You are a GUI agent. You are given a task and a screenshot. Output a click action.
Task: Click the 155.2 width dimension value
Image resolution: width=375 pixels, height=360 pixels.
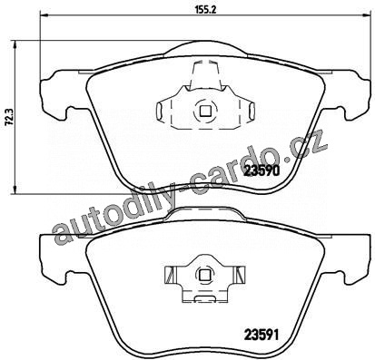[x=207, y=10]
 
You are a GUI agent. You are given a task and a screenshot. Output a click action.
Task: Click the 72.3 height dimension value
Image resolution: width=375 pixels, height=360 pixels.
[x=9, y=117]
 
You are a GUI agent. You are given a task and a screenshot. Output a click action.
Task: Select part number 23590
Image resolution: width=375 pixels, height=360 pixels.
[x=262, y=171]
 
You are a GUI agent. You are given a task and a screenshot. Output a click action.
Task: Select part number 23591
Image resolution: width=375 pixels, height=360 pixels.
[x=261, y=335]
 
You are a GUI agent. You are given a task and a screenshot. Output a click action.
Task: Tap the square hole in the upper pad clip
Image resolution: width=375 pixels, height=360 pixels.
[x=205, y=111]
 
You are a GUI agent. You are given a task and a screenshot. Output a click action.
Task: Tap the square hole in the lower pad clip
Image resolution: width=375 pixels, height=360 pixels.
[x=205, y=275]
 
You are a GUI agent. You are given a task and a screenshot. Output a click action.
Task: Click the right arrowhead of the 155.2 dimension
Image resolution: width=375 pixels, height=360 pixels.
[x=366, y=15]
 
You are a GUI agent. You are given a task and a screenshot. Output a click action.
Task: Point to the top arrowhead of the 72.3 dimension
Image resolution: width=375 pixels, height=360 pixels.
[x=15, y=44]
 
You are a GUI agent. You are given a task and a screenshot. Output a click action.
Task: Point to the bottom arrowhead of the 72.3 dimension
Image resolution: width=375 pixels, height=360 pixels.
[x=15, y=190]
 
